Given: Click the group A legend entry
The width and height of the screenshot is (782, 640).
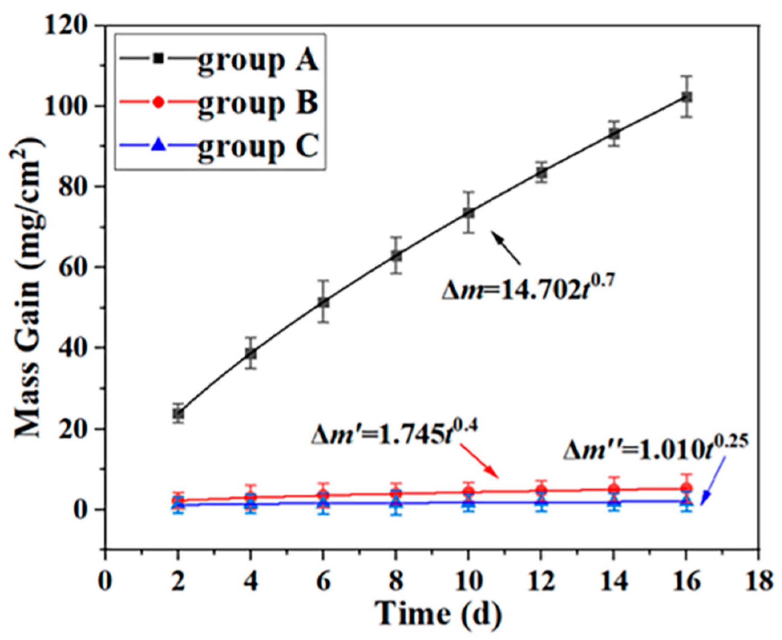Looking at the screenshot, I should coord(218,60).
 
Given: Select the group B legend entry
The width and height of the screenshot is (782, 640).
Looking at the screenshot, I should coord(218,103).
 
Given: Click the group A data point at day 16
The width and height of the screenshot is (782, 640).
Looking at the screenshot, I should coord(687,97).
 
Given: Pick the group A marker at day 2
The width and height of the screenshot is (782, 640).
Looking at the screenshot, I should coord(178,414).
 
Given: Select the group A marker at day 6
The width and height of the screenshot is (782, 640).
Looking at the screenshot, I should coord(323,302).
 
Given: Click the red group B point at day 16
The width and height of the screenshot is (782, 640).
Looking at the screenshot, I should coord(687,488).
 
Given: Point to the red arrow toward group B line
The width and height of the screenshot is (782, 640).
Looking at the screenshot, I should coord(479,461).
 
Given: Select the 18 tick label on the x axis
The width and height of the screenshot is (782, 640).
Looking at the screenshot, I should coord(758,581).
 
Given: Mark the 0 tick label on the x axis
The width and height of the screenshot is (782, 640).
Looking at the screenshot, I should coord(105,581).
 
